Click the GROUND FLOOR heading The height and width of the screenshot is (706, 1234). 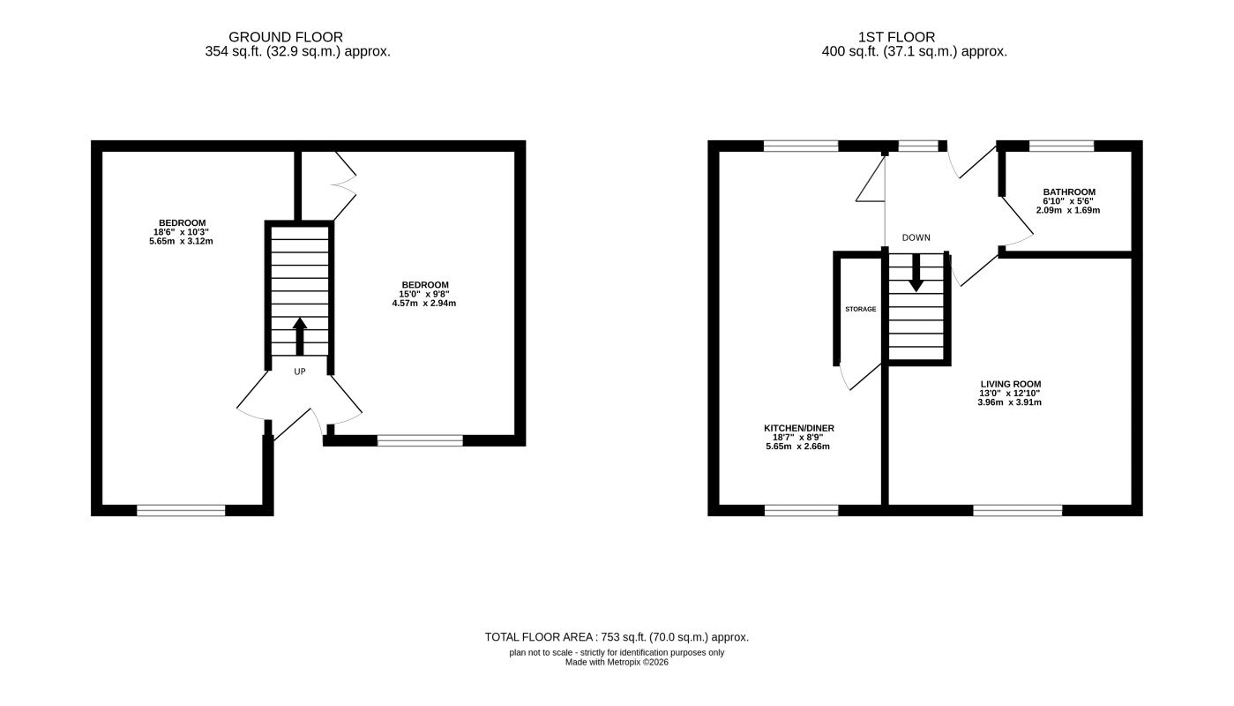coord(286,37)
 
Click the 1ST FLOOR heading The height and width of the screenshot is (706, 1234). coord(896,37)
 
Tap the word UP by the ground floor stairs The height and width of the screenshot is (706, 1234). coord(300,372)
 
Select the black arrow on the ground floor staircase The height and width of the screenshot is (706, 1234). coord(300,336)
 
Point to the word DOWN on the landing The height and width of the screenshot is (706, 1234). coord(916,237)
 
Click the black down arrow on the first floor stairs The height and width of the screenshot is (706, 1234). coord(916,273)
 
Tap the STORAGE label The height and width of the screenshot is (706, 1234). coord(861,309)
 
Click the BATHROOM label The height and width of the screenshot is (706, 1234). coord(1069,192)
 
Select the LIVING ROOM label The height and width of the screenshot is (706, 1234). coord(1011,384)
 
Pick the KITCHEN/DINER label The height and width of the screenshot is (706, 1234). coord(799,428)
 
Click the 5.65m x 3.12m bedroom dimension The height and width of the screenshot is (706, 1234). coord(181,242)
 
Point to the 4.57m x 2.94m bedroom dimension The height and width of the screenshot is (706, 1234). coord(424,303)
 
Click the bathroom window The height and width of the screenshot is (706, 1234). coord(1062,146)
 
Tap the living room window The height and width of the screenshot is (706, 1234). coord(1018,510)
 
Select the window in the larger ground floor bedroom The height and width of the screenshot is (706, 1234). coord(181,510)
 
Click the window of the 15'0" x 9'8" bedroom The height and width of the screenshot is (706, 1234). coord(421,440)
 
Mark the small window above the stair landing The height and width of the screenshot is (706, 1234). coord(918,146)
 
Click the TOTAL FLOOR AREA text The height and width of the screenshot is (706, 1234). coord(617,637)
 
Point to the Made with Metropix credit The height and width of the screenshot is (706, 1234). coord(617,663)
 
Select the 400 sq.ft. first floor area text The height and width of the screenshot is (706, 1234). coord(915,52)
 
